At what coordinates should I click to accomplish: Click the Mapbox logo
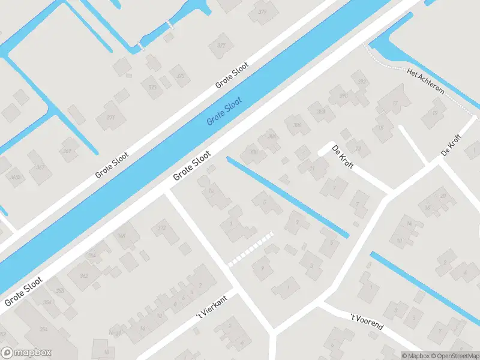coord(26,353)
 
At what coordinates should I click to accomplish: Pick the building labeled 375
coord(180,76)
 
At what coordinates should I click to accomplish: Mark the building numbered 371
coord(110,118)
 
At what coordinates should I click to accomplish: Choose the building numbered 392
coord(361,82)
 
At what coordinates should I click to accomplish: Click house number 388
coord(321,111)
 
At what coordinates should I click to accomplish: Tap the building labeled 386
coord(297,125)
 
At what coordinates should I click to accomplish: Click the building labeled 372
coord(161,228)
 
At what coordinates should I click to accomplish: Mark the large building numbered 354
coord(44,329)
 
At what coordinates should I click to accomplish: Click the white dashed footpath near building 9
coord(251,249)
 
